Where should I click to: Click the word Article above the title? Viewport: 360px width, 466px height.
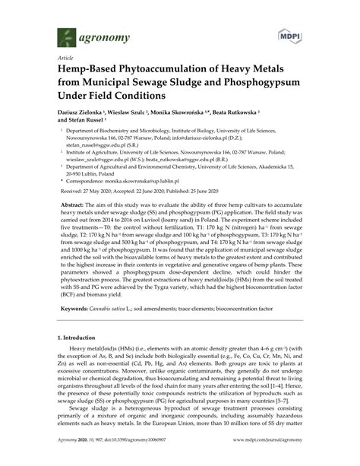pos(65,57)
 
